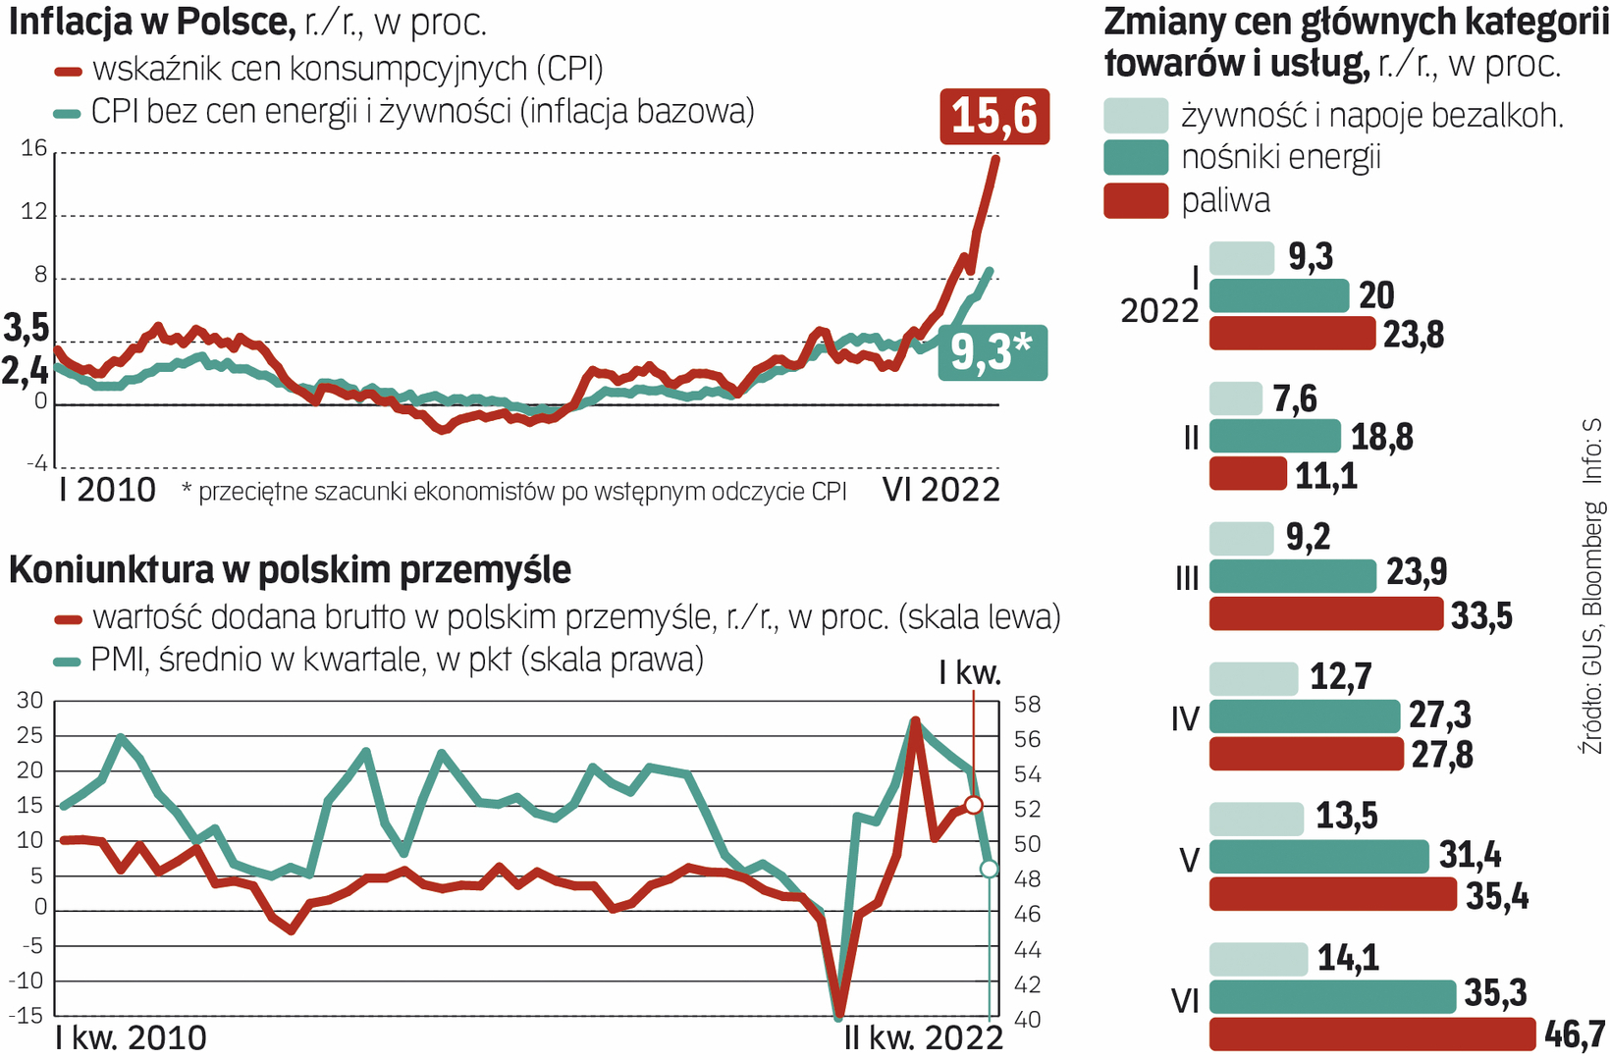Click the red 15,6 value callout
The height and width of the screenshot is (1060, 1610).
point(994,117)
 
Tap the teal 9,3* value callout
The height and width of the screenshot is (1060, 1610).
point(992,353)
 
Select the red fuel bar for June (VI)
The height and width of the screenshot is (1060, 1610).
point(1371,1034)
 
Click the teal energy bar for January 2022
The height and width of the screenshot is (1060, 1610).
point(1279,295)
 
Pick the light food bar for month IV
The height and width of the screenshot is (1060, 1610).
point(1254,678)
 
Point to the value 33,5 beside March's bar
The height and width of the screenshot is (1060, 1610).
point(1481,616)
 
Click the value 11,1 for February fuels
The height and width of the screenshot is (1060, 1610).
point(1325,476)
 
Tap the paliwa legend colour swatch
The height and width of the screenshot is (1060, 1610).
point(1136,200)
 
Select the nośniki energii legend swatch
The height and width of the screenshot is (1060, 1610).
point(1136,157)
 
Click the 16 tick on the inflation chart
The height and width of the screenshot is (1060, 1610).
point(34,149)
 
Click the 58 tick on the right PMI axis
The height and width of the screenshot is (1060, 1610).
point(1027,705)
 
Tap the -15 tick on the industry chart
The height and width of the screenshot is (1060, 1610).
point(27,1015)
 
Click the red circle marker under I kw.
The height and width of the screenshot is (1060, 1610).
point(973,805)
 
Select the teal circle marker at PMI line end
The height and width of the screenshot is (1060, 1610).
point(989,869)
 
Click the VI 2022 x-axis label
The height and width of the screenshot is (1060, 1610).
point(940,490)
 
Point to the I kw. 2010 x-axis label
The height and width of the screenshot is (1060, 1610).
point(131,1037)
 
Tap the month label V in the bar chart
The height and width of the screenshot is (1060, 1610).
point(1189,861)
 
